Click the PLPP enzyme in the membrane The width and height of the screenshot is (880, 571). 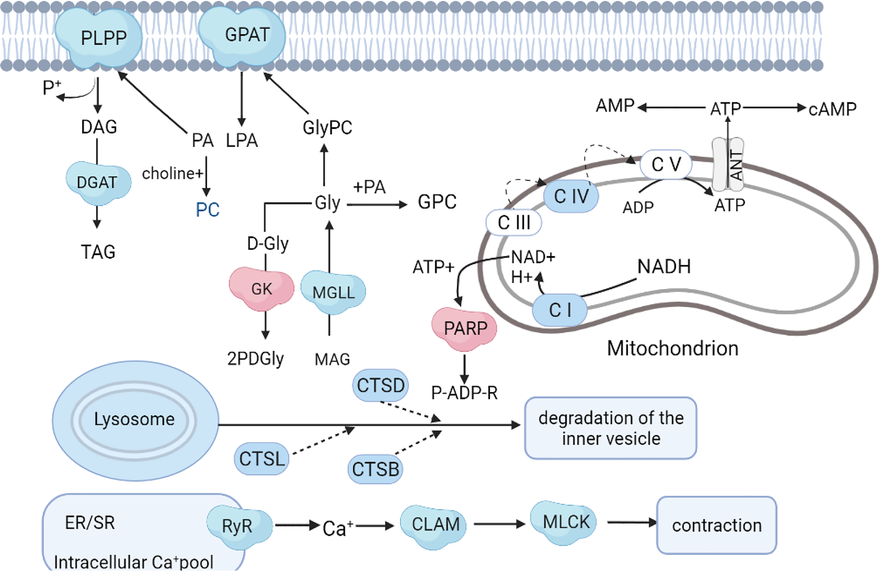coord(99,38)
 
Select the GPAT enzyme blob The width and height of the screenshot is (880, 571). coord(242,36)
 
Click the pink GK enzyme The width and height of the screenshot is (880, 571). coord(262,289)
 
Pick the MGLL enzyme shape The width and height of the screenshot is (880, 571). coord(333,292)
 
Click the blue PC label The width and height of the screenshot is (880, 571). coord(207,210)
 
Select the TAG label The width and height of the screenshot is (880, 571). coord(98,252)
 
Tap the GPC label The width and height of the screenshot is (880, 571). coord(437,202)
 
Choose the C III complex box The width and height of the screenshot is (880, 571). coord(514,222)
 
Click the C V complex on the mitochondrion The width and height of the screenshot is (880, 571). coord(666,164)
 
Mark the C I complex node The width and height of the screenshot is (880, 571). coord(560,310)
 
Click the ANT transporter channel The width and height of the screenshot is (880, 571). coord(728,164)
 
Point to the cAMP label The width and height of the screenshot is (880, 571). coord(832,109)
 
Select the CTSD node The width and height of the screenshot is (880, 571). coord(381,385)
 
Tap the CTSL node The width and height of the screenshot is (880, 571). coord(262,459)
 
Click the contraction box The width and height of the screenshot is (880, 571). coord(717,526)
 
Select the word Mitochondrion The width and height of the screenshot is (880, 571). coord(673,349)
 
